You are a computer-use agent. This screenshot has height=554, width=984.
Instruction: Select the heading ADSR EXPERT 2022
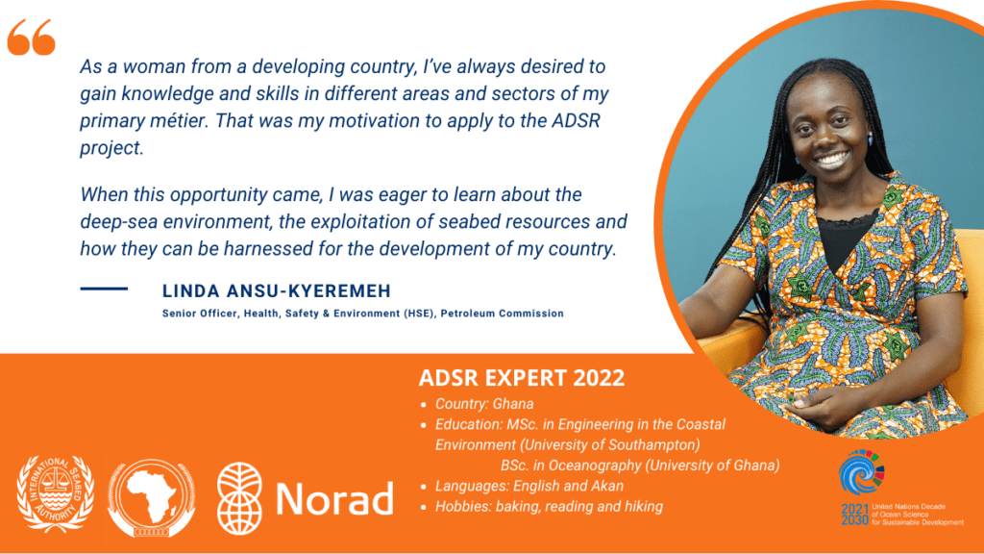point(522,376)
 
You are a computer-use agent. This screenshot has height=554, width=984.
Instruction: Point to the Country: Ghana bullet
point(483,404)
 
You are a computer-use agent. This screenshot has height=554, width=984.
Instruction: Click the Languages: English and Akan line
point(529,486)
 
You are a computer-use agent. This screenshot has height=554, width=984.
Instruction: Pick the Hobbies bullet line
point(548,506)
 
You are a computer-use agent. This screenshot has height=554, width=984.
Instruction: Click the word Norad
point(334,498)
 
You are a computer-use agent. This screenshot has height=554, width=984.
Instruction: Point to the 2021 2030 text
point(853,516)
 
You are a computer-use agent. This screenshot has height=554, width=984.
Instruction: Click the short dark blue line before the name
point(104,288)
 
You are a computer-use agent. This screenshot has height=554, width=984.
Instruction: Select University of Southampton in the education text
point(624,445)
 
